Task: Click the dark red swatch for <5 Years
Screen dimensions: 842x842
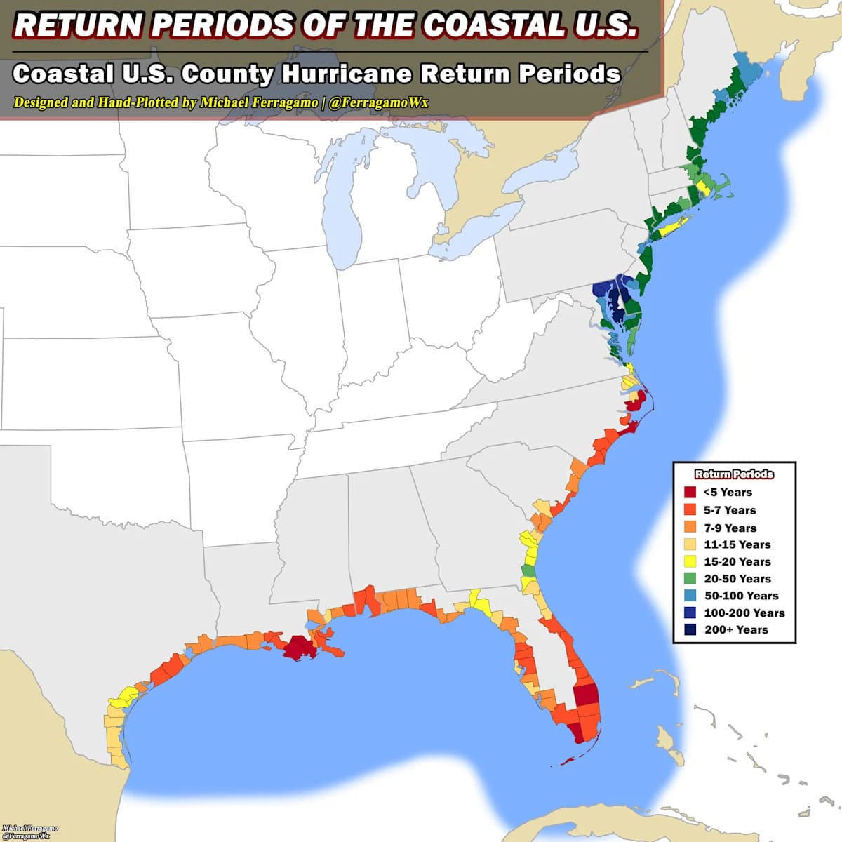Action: [x=690, y=493]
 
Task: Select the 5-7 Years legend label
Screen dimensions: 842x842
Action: [x=730, y=510]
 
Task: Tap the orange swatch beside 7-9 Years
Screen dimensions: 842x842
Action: [x=690, y=528]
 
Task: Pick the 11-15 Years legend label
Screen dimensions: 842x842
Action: [x=737, y=544]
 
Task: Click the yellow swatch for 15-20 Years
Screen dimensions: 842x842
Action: [x=690, y=561]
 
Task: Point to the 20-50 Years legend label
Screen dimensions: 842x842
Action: [x=737, y=579]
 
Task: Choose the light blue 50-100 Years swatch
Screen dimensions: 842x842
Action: [x=690, y=596]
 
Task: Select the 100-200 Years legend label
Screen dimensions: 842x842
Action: [x=744, y=613]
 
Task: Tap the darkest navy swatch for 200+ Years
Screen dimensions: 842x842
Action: [x=690, y=629]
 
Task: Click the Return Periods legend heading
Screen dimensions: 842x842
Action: [x=734, y=474]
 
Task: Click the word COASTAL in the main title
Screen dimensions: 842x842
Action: [x=494, y=25]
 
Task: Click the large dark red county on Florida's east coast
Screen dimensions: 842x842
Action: [x=586, y=696]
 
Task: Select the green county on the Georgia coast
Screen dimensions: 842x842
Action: [x=528, y=570]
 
